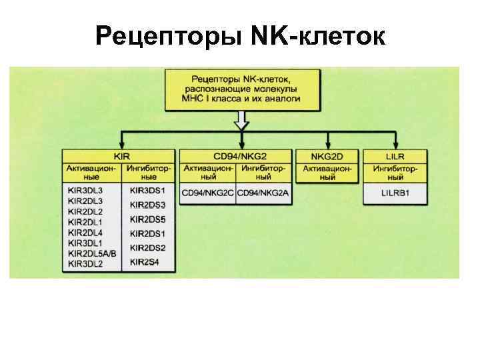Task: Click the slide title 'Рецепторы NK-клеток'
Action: pyautogui.click(x=240, y=37)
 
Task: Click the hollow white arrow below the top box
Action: pyautogui.click(x=241, y=121)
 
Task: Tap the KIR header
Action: pyautogui.click(x=121, y=155)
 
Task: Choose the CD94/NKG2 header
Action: pyautogui.click(x=236, y=155)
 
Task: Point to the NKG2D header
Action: pyautogui.click(x=327, y=155)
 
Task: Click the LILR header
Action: pyautogui.click(x=395, y=155)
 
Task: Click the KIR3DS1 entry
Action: pyautogui.click(x=147, y=191)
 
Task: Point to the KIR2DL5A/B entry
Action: pyautogui.click(x=92, y=253)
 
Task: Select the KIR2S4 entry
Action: pyautogui.click(x=144, y=262)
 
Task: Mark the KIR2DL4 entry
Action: pyautogui.click(x=85, y=232)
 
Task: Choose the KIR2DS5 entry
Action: pyautogui.click(x=147, y=219)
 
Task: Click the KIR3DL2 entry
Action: pyautogui.click(x=85, y=263)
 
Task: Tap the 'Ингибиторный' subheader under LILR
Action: pyautogui.click(x=395, y=173)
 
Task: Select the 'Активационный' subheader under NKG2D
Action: pyautogui.click(x=327, y=173)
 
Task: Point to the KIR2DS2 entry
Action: pyautogui.click(x=147, y=248)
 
